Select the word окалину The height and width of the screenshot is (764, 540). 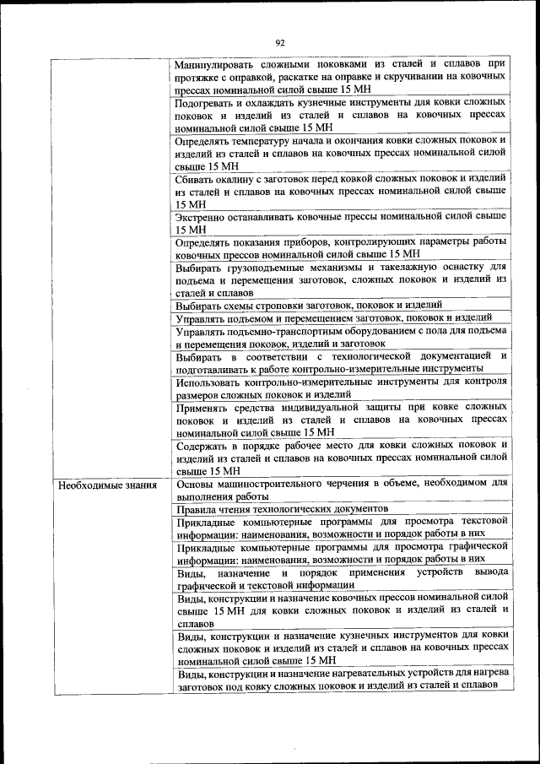coord(242,179)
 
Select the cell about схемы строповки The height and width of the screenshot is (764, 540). coord(309,305)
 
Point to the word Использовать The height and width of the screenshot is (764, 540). coord(213,382)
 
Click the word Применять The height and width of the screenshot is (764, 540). coord(207,407)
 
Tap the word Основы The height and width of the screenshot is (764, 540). coord(197,484)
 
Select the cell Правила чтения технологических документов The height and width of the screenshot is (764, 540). coord(282,509)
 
